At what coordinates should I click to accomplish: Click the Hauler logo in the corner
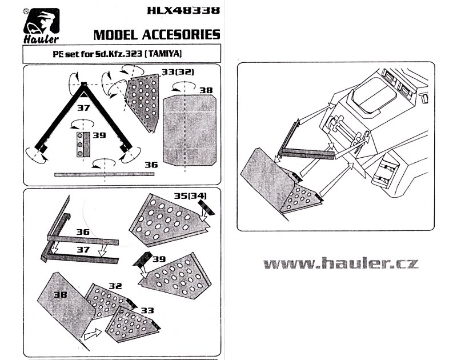click(41, 26)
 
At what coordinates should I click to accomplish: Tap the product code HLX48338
click(183, 10)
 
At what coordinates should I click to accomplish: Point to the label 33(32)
click(178, 71)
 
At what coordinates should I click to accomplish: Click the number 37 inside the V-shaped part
click(83, 108)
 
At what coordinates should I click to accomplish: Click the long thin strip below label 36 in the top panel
click(105, 175)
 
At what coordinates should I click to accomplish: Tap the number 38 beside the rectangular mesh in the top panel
click(206, 90)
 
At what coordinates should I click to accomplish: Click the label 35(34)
click(190, 195)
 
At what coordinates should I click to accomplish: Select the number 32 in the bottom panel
click(115, 286)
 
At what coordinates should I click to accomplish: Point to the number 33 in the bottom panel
click(147, 310)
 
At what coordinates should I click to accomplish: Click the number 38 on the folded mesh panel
click(61, 294)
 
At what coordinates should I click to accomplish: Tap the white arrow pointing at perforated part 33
click(93, 334)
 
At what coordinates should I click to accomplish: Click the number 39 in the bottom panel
click(159, 259)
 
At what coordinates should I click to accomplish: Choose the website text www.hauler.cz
click(341, 263)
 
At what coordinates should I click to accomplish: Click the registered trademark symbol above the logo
click(26, 11)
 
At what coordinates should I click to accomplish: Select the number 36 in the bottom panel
click(83, 232)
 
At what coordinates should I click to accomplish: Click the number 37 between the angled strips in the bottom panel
click(83, 250)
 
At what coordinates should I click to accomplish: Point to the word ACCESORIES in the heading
click(181, 35)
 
